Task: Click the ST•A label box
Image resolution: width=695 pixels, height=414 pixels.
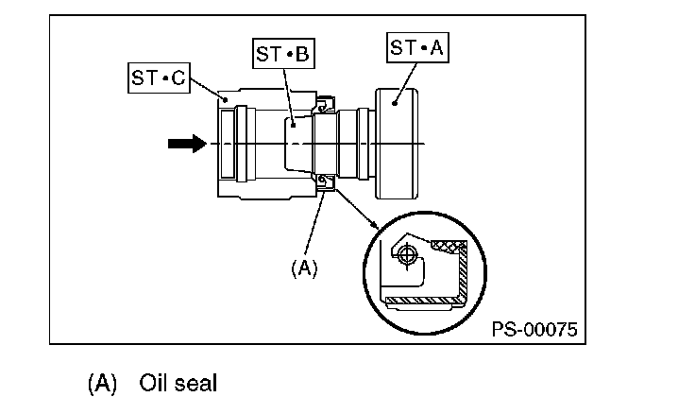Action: coord(417,47)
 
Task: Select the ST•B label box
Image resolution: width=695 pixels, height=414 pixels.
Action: coord(283,54)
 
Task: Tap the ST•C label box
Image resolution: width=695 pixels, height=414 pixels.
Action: coord(160,78)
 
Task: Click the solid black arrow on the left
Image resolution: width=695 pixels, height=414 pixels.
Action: coord(188,144)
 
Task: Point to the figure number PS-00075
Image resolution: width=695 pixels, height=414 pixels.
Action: coord(534,329)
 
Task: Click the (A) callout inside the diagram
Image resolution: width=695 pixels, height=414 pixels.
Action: coord(304,268)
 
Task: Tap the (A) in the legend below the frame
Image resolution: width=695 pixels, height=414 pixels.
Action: coord(102,384)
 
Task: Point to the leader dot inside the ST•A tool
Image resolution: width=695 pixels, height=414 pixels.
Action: coord(394,104)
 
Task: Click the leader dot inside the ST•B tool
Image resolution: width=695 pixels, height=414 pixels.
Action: coord(293,126)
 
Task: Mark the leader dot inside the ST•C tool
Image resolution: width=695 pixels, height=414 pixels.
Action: coord(226,100)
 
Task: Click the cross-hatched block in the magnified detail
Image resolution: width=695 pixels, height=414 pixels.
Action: coord(448,247)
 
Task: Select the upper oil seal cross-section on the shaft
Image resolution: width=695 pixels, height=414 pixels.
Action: coord(324,105)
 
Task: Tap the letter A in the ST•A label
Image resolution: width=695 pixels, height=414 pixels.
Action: coord(436,47)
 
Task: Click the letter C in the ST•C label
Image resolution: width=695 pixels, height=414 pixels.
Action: coord(178,78)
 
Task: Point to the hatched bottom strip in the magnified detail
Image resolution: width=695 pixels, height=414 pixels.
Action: coord(423,302)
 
